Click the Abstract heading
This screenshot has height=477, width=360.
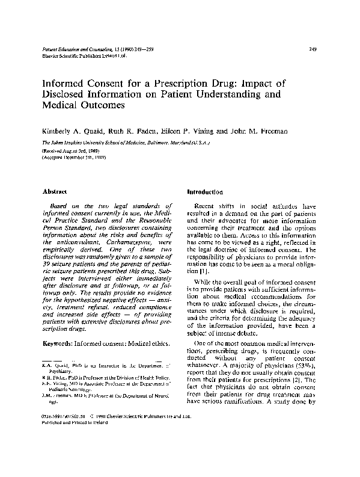tap(55, 191)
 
